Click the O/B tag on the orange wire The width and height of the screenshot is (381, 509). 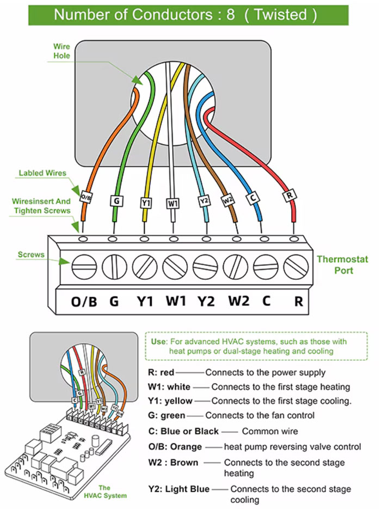pyautogui.click(x=85, y=197)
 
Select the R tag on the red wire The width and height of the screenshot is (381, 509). pyautogui.click(x=290, y=195)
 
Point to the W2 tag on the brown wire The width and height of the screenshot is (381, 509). pyautogui.click(x=227, y=201)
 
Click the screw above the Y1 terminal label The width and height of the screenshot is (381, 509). pyautogui.click(x=145, y=268)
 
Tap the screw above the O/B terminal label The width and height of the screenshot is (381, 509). pyautogui.click(x=84, y=268)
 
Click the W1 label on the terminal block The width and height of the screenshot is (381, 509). pyautogui.click(x=175, y=301)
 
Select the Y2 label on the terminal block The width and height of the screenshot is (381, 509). pyautogui.click(x=206, y=301)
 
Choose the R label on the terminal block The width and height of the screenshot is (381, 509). pyautogui.click(x=298, y=301)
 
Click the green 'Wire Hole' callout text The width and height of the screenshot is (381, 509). pyautogui.click(x=62, y=51)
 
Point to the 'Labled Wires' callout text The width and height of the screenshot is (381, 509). pyautogui.click(x=42, y=173)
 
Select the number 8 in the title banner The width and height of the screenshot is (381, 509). pyautogui.click(x=230, y=15)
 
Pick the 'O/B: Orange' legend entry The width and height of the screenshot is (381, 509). pyautogui.click(x=174, y=447)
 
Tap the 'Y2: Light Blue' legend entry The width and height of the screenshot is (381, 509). pyautogui.click(x=179, y=489)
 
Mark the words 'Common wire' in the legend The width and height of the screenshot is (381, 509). pyautogui.click(x=269, y=431)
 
